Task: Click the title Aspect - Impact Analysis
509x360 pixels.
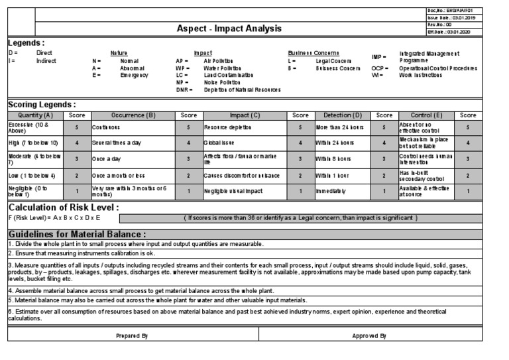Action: [x=229, y=29]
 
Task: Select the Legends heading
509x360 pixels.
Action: [x=26, y=42]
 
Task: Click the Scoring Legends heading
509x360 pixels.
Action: [x=42, y=105]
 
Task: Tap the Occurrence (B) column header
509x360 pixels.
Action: [x=133, y=115]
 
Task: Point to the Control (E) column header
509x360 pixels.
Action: [x=425, y=115]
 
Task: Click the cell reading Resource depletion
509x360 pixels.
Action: [x=228, y=127]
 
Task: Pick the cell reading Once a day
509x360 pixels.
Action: [x=107, y=159]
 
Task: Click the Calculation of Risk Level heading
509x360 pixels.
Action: [x=63, y=207]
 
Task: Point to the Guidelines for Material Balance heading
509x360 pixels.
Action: [x=77, y=234]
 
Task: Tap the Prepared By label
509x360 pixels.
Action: [x=131, y=336]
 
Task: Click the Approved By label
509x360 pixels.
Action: [x=369, y=336]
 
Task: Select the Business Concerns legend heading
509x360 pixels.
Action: [x=313, y=52]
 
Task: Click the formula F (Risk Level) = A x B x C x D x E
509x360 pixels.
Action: [x=54, y=217]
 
